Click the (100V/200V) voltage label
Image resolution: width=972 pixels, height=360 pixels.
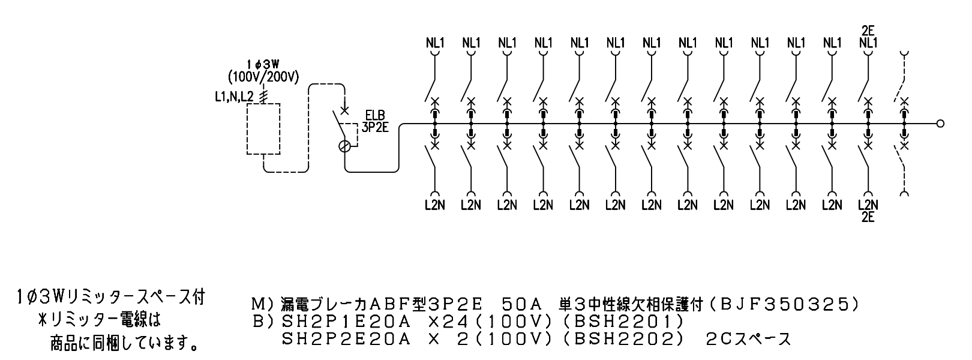pyautogui.click(x=264, y=77)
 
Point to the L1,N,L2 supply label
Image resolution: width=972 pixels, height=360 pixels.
pyautogui.click(x=235, y=97)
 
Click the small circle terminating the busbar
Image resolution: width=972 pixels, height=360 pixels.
pyautogui.click(x=940, y=124)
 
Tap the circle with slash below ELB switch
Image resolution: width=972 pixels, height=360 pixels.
pyautogui.click(x=344, y=146)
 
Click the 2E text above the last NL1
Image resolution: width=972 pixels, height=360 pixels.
pyautogui.click(x=868, y=31)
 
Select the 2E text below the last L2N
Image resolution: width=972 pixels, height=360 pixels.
pyautogui.click(x=868, y=217)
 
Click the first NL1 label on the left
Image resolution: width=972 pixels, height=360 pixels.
pyautogui.click(x=435, y=43)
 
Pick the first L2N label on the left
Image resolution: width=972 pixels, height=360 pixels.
pyautogui.click(x=435, y=205)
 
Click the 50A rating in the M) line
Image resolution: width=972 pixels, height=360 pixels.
pyautogui.click(x=524, y=305)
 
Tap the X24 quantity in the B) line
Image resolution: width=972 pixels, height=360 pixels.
pyautogui.click(x=445, y=322)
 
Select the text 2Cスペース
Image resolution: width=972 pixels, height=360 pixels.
pyautogui.click(x=749, y=339)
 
